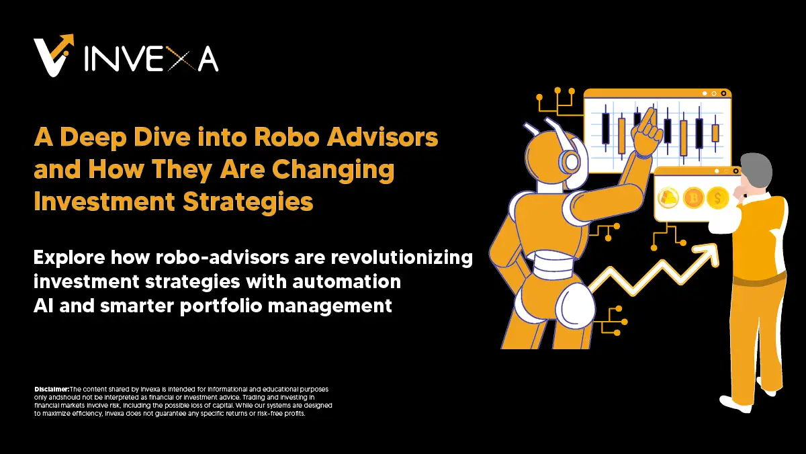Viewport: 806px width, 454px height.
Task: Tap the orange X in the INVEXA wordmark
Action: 186,60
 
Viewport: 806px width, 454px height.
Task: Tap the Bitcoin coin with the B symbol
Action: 692,197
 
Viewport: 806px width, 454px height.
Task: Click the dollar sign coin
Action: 718,197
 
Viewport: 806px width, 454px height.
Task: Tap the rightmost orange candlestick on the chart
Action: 715,132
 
